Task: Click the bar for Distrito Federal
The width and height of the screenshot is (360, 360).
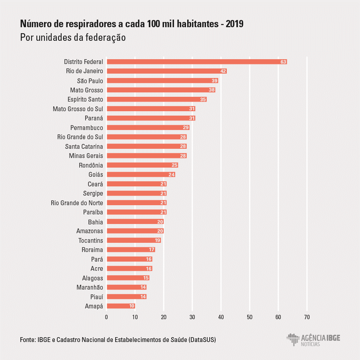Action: [196, 62]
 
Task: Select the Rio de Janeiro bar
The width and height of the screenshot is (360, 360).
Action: [166, 71]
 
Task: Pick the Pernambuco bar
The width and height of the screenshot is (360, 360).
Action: [148, 128]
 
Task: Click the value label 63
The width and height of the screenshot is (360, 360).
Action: [283, 62]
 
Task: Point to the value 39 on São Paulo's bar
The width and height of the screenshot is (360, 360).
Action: [214, 81]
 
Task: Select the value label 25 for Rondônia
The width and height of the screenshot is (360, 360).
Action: [174, 165]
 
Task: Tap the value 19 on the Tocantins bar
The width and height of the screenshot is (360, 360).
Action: [157, 240]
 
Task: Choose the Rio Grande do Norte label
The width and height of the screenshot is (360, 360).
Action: [77, 203]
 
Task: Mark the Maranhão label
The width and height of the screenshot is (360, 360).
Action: [90, 287]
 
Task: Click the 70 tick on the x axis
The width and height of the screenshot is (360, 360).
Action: [307, 317]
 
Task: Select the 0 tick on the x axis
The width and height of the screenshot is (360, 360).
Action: [106, 317]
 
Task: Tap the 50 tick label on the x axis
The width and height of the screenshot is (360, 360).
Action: [250, 317]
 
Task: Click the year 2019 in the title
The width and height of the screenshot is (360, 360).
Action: [235, 24]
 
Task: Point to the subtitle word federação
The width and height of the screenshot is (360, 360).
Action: [105, 37]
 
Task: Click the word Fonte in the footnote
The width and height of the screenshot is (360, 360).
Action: [28, 340]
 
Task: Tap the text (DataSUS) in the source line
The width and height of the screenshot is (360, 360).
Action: [202, 340]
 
